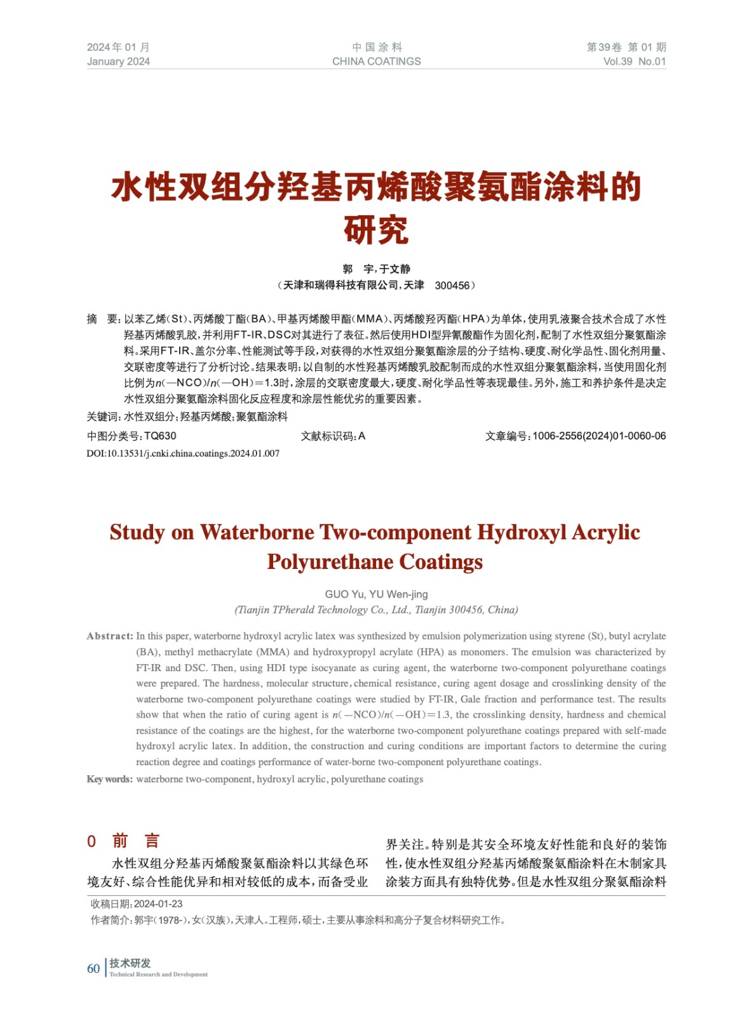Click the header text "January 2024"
118,62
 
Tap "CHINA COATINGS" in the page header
376,62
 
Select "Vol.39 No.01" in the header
634,62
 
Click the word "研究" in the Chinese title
376,230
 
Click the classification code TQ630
160,436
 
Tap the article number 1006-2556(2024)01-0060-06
599,436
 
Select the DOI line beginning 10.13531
183,453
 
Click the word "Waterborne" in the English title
257,532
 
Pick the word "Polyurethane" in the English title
330,562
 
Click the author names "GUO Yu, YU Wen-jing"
376,594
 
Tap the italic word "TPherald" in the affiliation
293,610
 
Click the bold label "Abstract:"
110,636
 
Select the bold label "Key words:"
109,779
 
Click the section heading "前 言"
135,841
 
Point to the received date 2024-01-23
158,904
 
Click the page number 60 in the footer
93,968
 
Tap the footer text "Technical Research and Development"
158,975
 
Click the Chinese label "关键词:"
104,417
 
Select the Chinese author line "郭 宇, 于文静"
376,269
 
